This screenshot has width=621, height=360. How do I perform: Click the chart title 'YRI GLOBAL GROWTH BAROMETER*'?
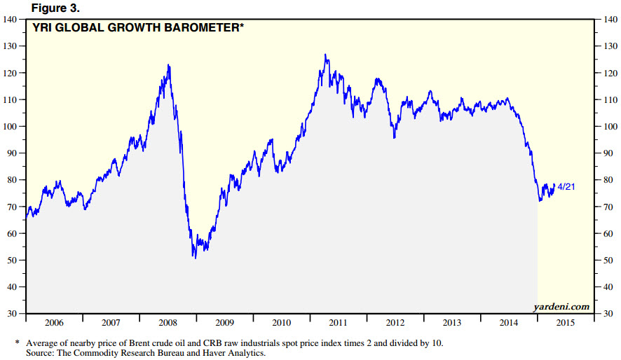click(135, 29)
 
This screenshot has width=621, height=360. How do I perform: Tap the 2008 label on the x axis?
click(167, 323)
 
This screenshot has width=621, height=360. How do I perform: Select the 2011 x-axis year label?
click(338, 323)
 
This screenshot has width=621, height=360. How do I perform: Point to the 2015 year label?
click(565, 323)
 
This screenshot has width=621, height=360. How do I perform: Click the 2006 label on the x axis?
click(53, 323)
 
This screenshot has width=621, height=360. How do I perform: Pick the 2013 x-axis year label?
click(451, 323)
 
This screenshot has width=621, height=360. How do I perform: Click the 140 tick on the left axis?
click(11, 19)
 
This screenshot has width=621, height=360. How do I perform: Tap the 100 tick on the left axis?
click(11, 126)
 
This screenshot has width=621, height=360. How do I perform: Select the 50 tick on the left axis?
click(13, 261)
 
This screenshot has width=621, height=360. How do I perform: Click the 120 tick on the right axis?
click(610, 73)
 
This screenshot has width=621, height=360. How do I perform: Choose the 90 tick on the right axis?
click(608, 153)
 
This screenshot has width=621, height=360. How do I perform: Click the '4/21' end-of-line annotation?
click(567, 186)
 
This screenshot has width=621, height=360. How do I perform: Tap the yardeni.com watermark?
click(561, 307)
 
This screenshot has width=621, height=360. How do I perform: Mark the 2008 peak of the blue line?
click(169, 64)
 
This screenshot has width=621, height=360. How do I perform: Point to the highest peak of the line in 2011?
click(325, 54)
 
